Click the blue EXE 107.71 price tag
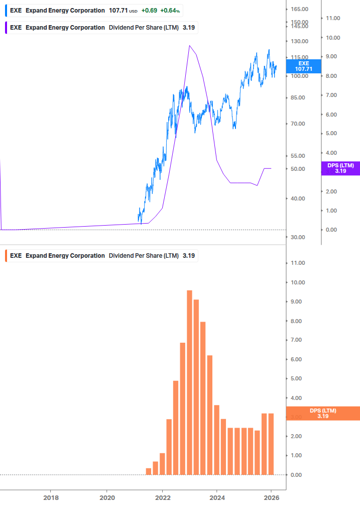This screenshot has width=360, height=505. pos(304,66)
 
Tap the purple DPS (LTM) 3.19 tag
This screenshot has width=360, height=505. pos(340,168)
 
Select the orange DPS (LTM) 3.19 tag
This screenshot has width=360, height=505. pos(323,413)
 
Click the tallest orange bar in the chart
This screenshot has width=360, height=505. pos(189,382)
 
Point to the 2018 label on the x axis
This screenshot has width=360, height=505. pos(51,497)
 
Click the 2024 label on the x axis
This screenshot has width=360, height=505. pos(216,497)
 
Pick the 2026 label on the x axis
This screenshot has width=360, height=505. pos(271,497)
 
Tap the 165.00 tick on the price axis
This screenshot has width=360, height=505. pos(299,10)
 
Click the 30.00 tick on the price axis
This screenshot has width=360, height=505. pos(299,237)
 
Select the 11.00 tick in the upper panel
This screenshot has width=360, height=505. pos(333,18)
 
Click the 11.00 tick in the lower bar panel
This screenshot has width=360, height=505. pos(298,263)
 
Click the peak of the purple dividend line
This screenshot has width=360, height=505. pos(189,46)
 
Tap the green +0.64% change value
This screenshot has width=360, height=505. pos(170,11)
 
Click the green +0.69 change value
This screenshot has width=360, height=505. pos(149,11)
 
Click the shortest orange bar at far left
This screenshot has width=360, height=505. pos(148,471)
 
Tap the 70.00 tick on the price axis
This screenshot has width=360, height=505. pos(299,124)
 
